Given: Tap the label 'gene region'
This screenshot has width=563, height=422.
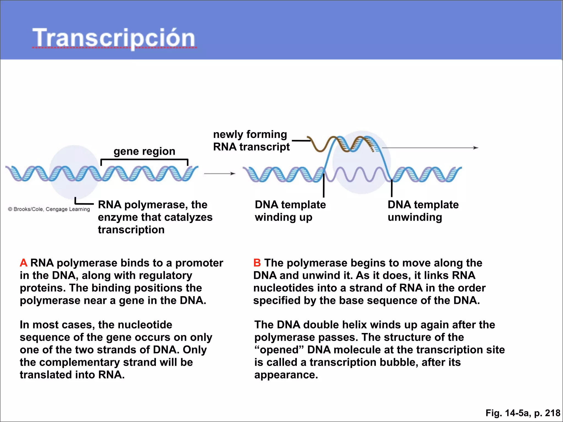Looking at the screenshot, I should pos(144,151).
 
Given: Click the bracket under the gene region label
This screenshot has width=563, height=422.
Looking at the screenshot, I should pos(144,159).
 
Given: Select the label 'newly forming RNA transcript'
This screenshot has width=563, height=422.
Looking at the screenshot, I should pos(251,141).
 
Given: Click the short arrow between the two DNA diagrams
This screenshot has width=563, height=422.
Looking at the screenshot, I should pos(219,174).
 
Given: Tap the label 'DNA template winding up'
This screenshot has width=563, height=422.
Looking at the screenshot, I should pos(290,211).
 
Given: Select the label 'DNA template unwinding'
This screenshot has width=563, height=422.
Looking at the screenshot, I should pos(423,211).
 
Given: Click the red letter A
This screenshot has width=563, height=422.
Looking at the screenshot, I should pos(24,263).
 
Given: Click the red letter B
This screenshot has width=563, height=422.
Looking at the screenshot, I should pos(257,263).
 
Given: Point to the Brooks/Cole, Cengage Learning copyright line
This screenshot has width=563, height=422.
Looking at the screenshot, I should pos(49,209).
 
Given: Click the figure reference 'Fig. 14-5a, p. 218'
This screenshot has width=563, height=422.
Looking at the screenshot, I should pos(523,413).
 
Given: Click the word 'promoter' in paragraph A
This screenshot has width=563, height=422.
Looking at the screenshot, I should pos(199,263).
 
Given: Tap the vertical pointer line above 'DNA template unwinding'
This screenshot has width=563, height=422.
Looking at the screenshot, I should pos(391,188).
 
